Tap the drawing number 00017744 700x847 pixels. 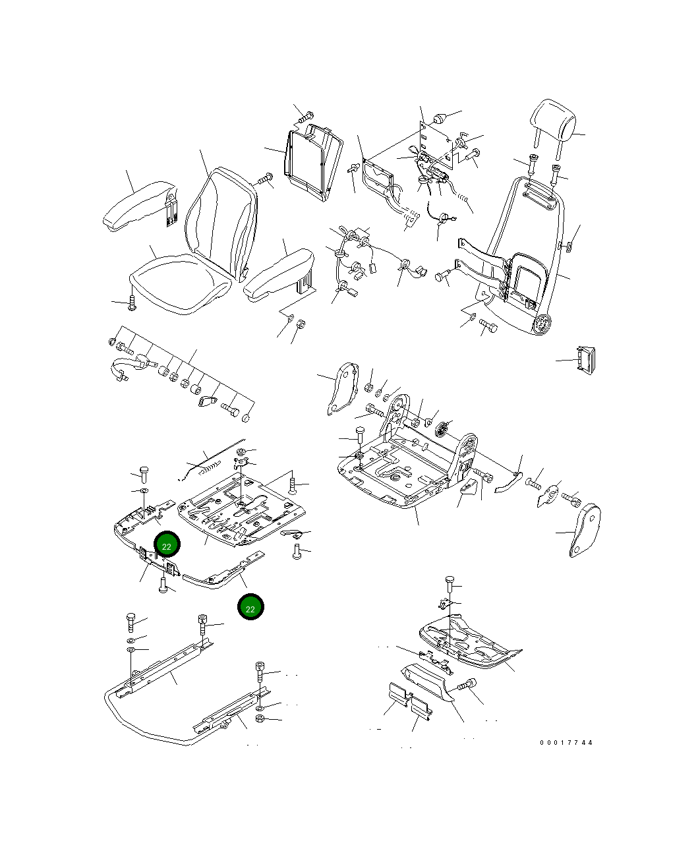(x=566, y=743)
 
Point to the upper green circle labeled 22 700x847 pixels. (x=167, y=546)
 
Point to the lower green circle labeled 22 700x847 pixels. (x=250, y=608)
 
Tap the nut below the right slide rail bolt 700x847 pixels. (x=260, y=718)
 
